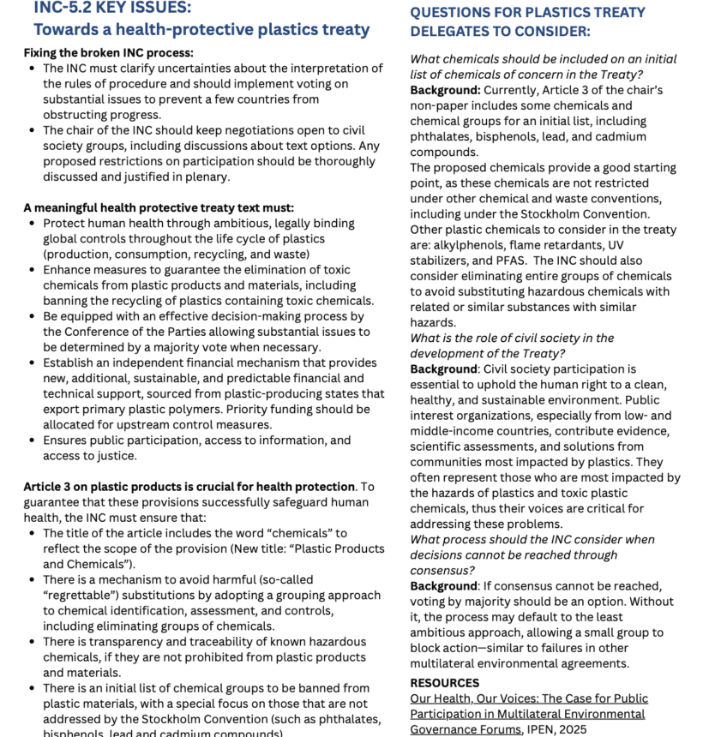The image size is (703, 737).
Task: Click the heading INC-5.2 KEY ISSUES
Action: [112, 8]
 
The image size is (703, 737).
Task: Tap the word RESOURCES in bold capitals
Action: [444, 683]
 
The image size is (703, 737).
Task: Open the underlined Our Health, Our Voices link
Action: [529, 698]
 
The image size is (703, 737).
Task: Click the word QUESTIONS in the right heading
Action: [451, 13]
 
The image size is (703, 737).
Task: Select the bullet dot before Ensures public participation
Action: [32, 440]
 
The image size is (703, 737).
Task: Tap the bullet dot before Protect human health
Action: [32, 224]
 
